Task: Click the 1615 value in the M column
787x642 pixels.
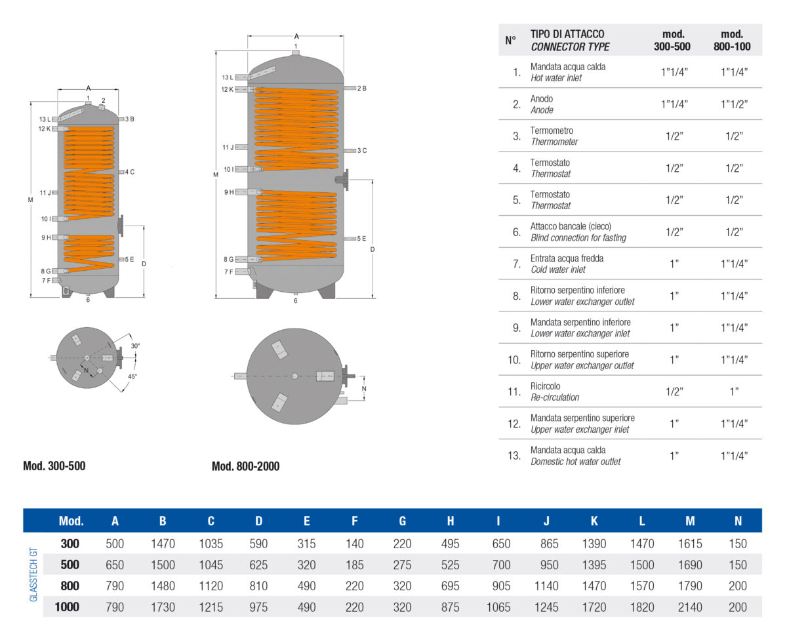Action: (x=690, y=544)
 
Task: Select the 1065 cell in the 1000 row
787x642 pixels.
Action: (x=498, y=607)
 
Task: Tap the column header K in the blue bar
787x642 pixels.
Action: (x=594, y=522)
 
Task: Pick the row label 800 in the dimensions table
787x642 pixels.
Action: (x=70, y=586)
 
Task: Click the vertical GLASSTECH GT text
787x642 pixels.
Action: (x=34, y=575)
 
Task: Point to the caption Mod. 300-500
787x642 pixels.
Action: (x=54, y=467)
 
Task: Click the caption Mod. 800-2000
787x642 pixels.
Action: (x=245, y=467)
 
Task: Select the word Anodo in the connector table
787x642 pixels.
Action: (x=542, y=99)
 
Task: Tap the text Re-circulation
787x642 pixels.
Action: (x=555, y=397)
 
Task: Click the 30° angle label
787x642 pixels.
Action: (x=135, y=346)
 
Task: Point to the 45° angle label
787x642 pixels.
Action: (x=132, y=376)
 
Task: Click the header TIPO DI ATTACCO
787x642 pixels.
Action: (x=567, y=34)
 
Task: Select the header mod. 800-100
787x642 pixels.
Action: (x=732, y=41)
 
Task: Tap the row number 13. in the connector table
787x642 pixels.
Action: (x=514, y=455)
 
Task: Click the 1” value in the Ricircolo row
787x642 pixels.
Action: (x=734, y=391)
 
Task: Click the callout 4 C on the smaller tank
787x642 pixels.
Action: (x=129, y=172)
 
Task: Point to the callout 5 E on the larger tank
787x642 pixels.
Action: (x=361, y=239)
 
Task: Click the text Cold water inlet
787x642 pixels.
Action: (x=558, y=270)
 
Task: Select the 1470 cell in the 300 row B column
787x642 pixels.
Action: (x=163, y=544)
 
